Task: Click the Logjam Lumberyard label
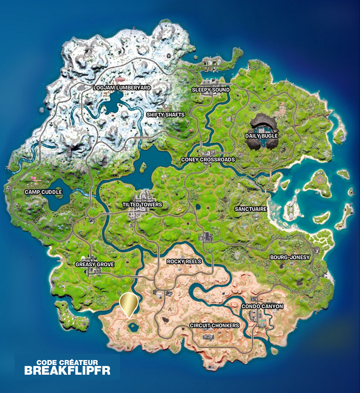(x=122, y=88)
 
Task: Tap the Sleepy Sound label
(x=211, y=90)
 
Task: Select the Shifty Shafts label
(x=165, y=115)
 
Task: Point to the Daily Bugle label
(x=261, y=136)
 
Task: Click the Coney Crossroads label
(x=208, y=160)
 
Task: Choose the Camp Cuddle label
(x=43, y=192)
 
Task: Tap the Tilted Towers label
(x=142, y=204)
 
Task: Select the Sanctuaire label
(x=251, y=209)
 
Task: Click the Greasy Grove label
(x=95, y=264)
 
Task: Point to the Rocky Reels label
(x=184, y=261)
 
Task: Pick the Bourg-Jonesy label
(x=290, y=257)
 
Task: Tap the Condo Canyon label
(x=262, y=306)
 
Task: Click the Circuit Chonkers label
(x=214, y=325)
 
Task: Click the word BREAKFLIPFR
(x=67, y=370)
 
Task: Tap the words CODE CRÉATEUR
(x=67, y=362)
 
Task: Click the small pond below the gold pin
(x=133, y=326)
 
